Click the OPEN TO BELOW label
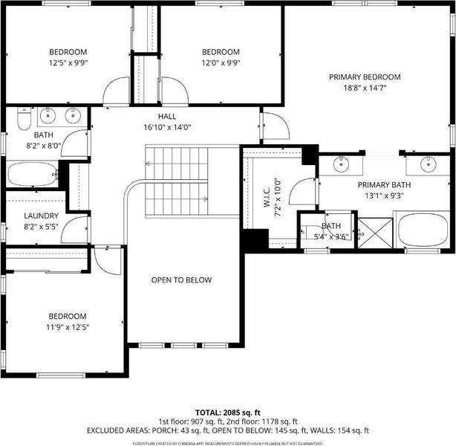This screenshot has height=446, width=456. pos(181,280)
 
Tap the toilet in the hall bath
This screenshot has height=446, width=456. pos(25,118)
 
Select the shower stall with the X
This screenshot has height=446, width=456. pos(375,233)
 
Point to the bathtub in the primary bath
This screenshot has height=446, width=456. pos(424,230)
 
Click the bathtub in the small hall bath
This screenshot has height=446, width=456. pos(33,174)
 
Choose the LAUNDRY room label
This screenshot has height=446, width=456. pos(41,216)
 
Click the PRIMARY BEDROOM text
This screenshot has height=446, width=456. pos(365,77)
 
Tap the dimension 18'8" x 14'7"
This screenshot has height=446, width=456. pos(365,88)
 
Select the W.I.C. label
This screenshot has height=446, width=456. pos(267,198)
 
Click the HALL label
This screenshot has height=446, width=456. pos(167,117)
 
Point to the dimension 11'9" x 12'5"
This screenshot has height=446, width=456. pos(68,327)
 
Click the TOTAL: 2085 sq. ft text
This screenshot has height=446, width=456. pos(228,413)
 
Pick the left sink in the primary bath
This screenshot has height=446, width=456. pos(341,164)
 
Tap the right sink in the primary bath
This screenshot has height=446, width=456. pos(428,164)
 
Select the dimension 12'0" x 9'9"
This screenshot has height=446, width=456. pos(221,63)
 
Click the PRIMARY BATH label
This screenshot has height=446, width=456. pos(384,185)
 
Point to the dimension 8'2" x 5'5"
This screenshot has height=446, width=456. pos(41,227)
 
